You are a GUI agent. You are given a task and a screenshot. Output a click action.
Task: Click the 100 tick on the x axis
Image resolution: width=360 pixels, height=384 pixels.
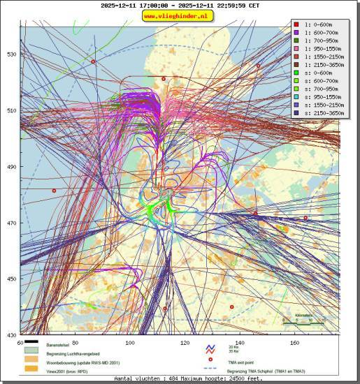[129, 343]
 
